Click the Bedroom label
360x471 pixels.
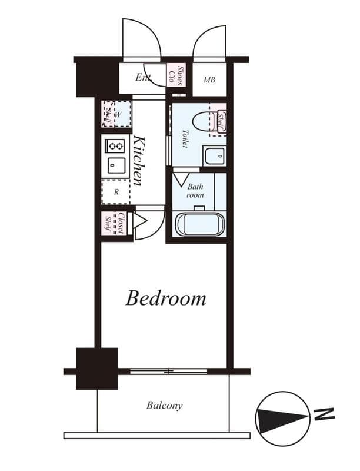(166, 298)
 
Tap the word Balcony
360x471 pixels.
(165, 406)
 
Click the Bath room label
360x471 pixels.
(195, 190)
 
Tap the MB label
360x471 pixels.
(209, 80)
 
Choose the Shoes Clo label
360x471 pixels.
(177, 75)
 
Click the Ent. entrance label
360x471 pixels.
(144, 77)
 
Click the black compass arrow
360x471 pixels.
(282, 419)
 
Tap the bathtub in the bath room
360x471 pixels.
(200, 224)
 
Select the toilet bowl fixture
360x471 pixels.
(201, 120)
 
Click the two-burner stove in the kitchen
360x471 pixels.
(114, 145)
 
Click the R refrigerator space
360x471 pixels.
(116, 191)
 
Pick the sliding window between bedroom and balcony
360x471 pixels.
(169, 371)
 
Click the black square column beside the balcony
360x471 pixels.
(96, 369)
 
